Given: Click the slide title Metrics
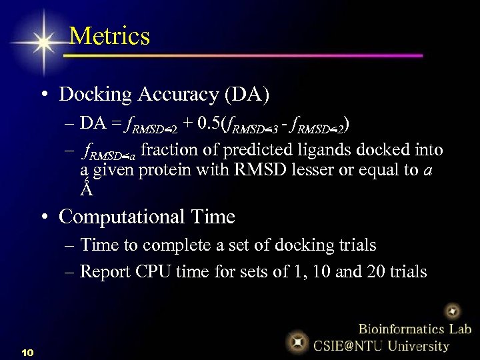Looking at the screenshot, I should pos(109,35).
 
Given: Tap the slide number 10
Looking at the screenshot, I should pos(27,351).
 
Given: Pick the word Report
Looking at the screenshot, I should pos(106,271).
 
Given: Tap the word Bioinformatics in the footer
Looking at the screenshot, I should pos(395,329).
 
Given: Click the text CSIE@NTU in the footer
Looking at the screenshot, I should pos(348,345).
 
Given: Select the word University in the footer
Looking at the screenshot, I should pos(419,345).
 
